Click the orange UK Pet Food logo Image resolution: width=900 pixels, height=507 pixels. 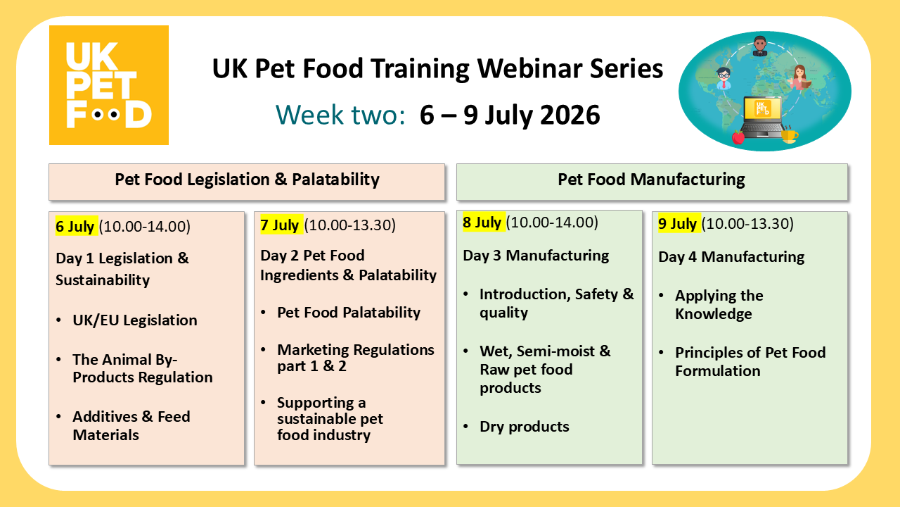coord(108,85)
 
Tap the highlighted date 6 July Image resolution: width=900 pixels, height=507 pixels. coord(75,226)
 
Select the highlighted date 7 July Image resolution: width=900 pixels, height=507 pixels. coord(280,225)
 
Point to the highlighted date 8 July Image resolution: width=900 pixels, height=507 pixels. coord(482,223)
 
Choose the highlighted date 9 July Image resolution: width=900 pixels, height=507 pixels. coord(678,224)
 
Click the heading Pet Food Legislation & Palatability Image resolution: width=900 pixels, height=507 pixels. coord(247,180)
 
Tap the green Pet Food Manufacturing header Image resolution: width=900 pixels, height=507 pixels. coord(651,180)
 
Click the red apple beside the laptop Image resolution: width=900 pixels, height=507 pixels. coord(738,137)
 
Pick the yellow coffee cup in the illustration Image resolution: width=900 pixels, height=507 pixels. coord(789,134)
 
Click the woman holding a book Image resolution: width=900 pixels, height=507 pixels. coord(799,77)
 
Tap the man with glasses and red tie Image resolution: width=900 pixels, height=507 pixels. coord(724,79)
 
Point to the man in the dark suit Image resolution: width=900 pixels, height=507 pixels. coord(759,46)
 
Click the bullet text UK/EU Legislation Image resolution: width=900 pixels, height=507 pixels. coord(134,320)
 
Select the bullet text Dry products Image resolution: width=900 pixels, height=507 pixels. coord(524,427)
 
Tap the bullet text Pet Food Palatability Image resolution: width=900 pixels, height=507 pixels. coord(348,313)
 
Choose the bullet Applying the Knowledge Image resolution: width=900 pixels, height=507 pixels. coord(719,305)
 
